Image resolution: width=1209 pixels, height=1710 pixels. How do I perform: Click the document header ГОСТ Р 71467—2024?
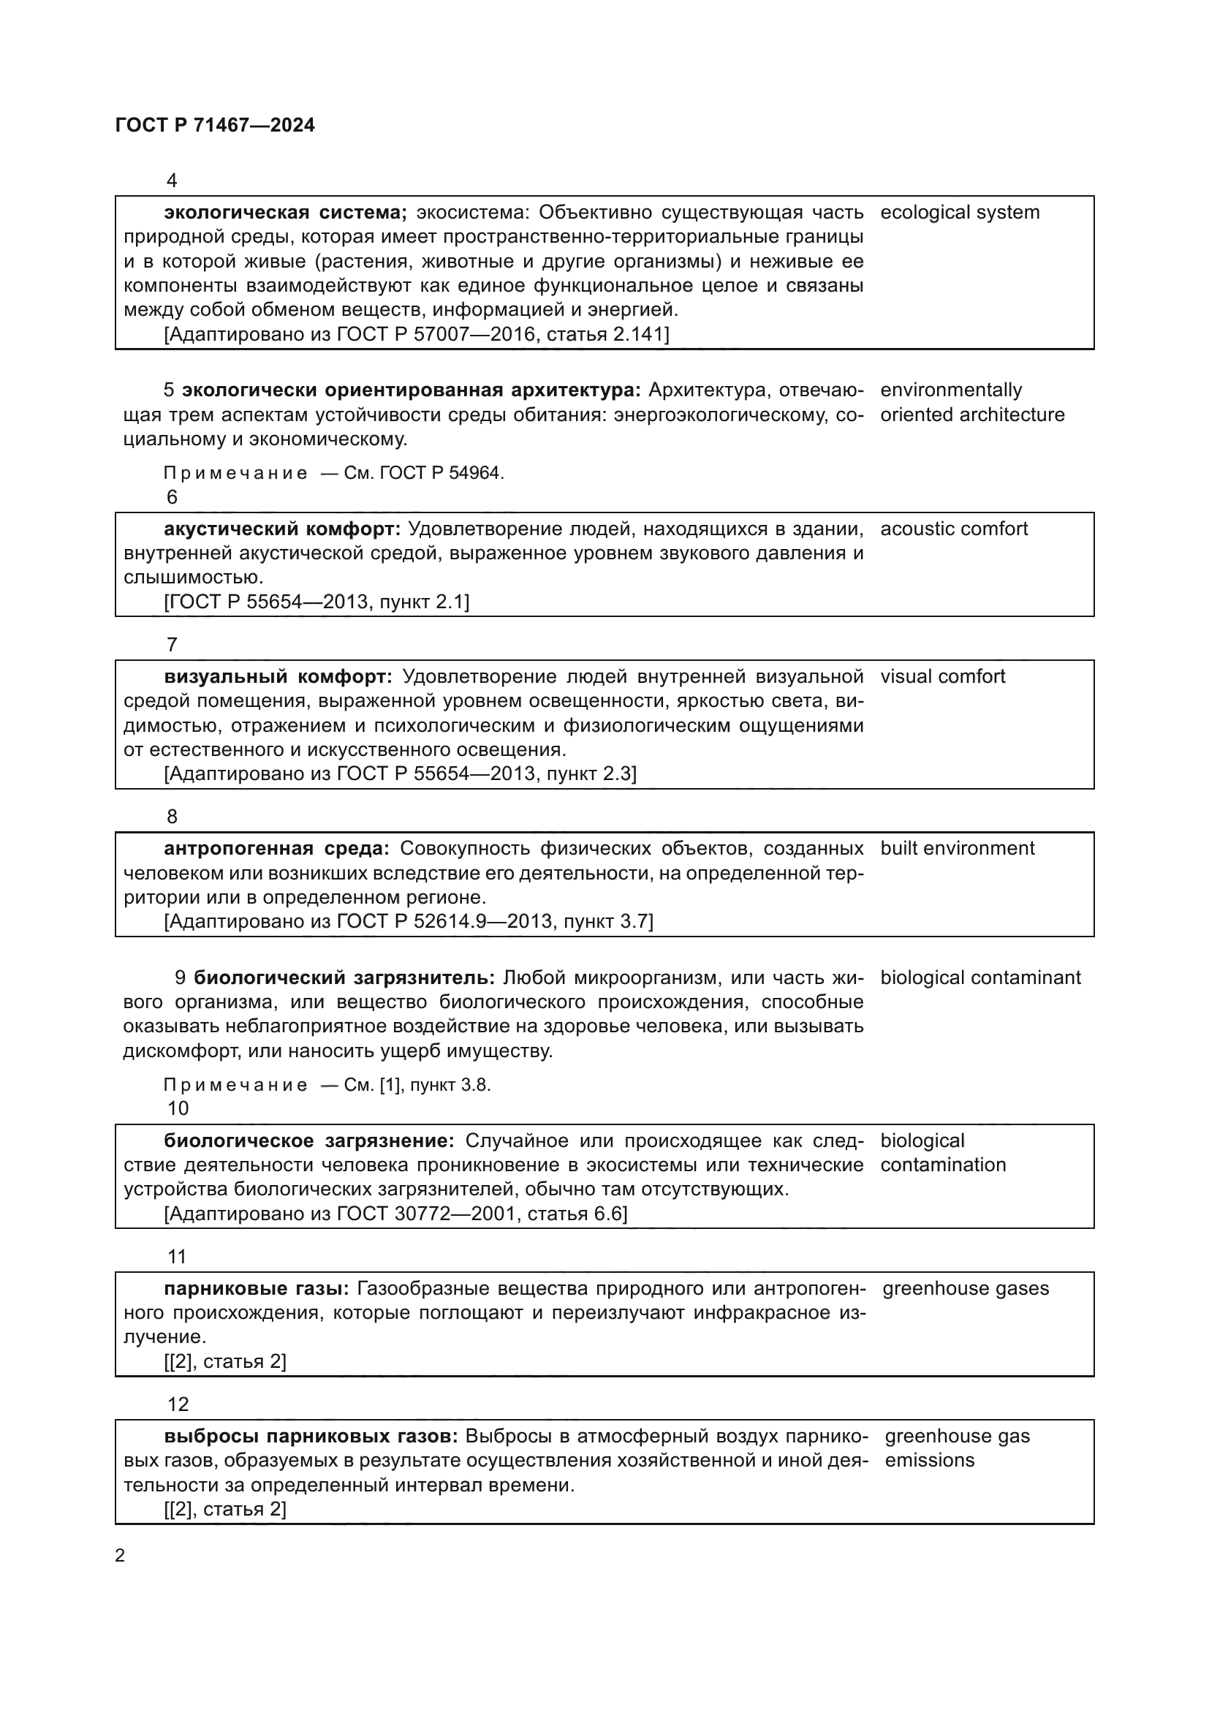tap(215, 125)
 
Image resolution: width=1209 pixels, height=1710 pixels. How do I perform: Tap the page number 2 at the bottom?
tap(120, 1555)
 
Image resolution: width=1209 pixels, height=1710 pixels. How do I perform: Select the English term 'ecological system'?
tap(960, 212)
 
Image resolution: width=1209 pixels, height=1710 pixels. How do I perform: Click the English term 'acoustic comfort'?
tap(954, 529)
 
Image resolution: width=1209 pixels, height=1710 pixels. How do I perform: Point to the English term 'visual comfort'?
tap(942, 676)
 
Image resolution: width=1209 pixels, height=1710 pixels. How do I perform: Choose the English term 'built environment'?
tap(958, 848)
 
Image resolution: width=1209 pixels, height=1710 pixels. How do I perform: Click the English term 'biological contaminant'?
tap(980, 977)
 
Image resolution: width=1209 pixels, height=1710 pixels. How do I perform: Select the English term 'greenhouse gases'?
tap(966, 1288)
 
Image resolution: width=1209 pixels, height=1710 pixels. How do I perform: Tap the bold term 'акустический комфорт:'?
tap(282, 529)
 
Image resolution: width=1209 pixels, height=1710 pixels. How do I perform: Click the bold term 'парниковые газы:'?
tap(256, 1288)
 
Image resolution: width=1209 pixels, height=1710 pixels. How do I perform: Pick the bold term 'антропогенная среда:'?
tap(276, 848)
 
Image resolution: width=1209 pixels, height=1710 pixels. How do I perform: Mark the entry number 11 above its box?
tap(177, 1257)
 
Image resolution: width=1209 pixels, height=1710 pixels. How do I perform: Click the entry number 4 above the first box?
tap(172, 181)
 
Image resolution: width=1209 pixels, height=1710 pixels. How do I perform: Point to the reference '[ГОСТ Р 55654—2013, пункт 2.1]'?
tap(317, 602)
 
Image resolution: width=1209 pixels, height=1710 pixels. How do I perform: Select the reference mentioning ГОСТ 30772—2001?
tap(395, 1214)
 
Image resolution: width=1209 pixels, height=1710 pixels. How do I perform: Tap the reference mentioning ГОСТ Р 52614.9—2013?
tap(408, 922)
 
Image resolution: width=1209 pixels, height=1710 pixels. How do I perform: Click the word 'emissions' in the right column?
tap(929, 1460)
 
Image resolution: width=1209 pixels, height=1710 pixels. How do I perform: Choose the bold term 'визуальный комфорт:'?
tap(278, 676)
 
